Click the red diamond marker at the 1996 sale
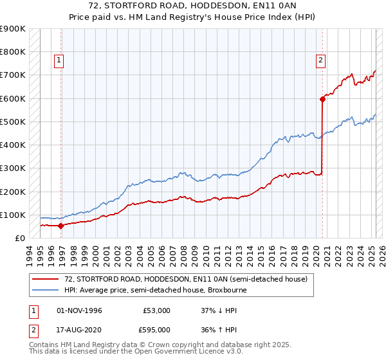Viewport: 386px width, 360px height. (x=60, y=226)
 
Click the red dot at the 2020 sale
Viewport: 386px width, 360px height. (x=322, y=99)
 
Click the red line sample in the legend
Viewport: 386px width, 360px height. (x=46, y=279)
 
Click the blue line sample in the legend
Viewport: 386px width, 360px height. (x=46, y=290)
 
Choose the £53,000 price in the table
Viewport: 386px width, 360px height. (x=157, y=310)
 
